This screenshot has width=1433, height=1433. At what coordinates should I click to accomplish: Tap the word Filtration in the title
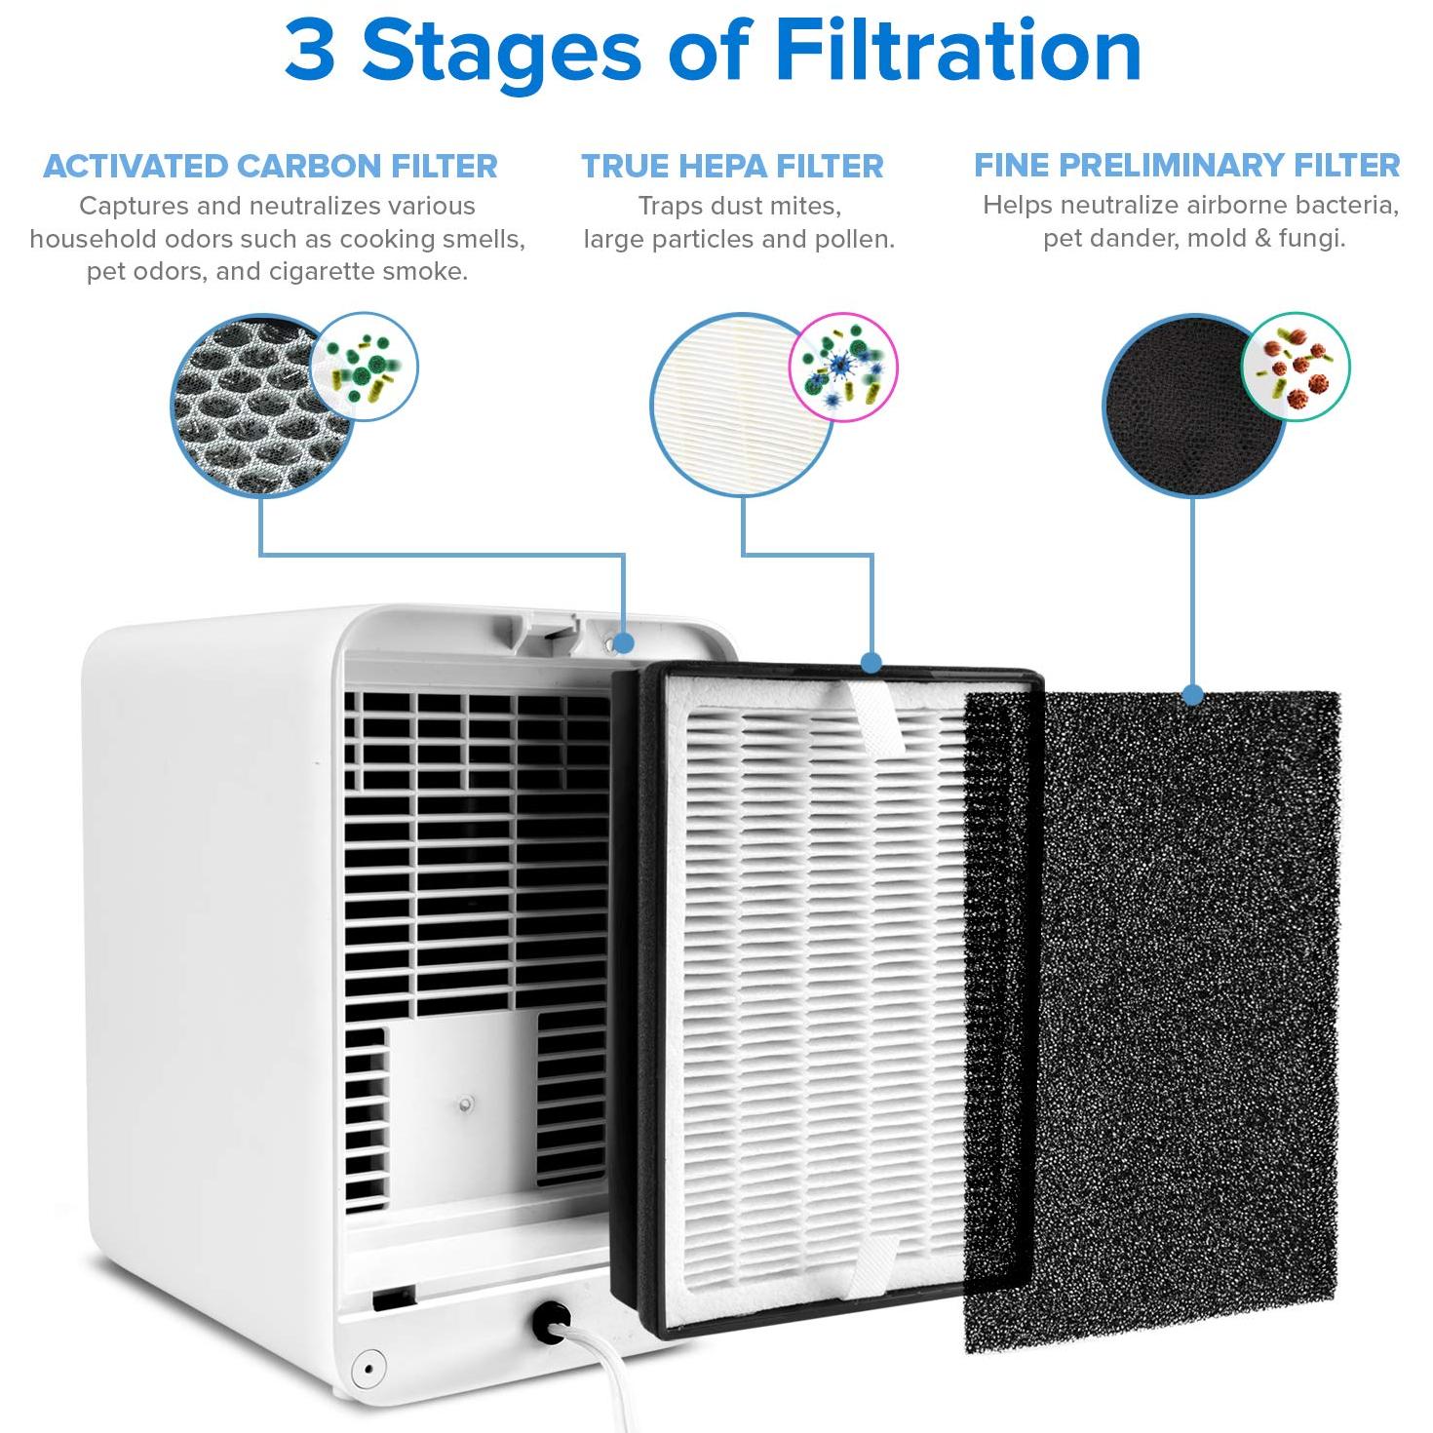[958, 51]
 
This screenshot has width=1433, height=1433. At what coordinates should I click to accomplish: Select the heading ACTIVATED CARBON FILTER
[270, 166]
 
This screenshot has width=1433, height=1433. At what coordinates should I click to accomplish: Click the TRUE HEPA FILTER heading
[732, 166]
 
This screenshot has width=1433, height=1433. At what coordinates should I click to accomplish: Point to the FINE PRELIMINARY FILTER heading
[1186, 165]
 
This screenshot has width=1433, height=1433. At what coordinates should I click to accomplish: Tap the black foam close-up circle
[1193, 407]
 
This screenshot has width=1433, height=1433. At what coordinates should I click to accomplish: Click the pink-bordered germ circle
[842, 368]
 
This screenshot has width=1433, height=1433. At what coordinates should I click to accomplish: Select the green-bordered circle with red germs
[1296, 367]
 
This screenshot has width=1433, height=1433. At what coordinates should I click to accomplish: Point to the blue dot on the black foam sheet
[1193, 695]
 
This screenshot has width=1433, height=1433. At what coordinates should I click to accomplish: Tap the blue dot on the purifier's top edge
[624, 642]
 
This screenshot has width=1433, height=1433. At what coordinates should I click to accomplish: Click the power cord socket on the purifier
[551, 1320]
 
